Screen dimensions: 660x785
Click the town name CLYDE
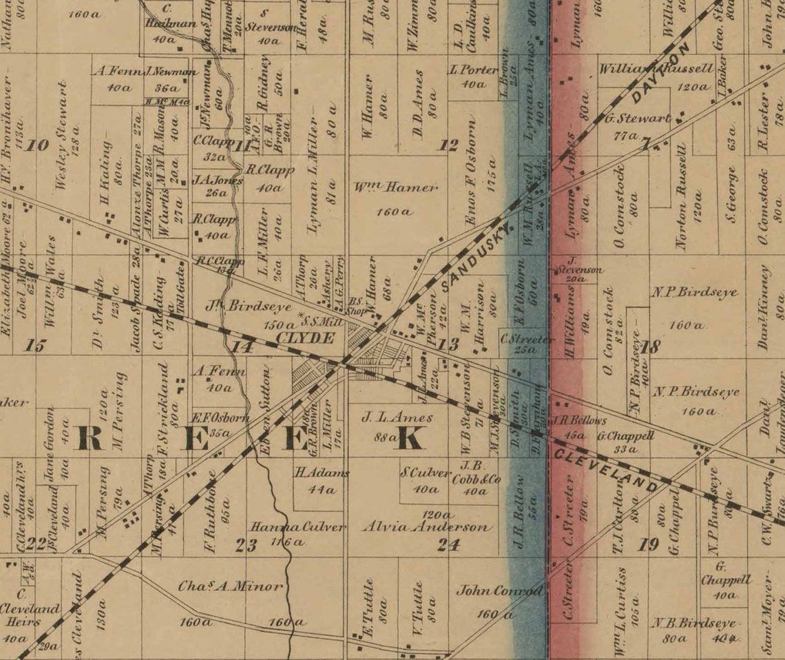tap(306, 338)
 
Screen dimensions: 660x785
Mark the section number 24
tap(448, 545)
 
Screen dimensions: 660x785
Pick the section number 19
tap(648, 545)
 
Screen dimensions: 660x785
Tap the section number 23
tap(246, 546)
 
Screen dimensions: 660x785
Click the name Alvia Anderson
tap(427, 528)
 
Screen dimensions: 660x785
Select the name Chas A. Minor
tap(231, 587)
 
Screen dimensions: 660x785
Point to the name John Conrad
tap(500, 591)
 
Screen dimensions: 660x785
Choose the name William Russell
tap(656, 69)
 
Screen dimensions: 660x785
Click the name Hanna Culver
tap(297, 528)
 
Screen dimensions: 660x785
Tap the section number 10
tap(39, 145)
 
